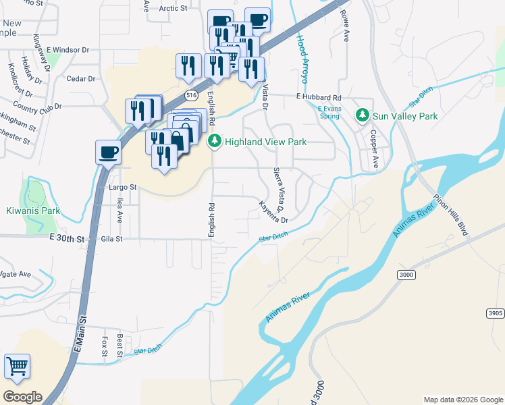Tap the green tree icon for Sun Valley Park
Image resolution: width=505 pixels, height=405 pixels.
click(363, 116)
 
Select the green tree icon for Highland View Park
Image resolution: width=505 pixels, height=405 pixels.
click(215, 142)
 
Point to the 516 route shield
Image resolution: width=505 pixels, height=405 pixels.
click(192, 94)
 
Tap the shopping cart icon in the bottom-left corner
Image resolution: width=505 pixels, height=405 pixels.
click(17, 367)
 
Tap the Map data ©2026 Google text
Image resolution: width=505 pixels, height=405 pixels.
click(462, 400)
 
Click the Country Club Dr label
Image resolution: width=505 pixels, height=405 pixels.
click(36, 107)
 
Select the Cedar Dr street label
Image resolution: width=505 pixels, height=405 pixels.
click(81, 79)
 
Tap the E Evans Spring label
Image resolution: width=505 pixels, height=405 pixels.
click(329, 112)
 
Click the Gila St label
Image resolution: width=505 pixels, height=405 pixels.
click(112, 238)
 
